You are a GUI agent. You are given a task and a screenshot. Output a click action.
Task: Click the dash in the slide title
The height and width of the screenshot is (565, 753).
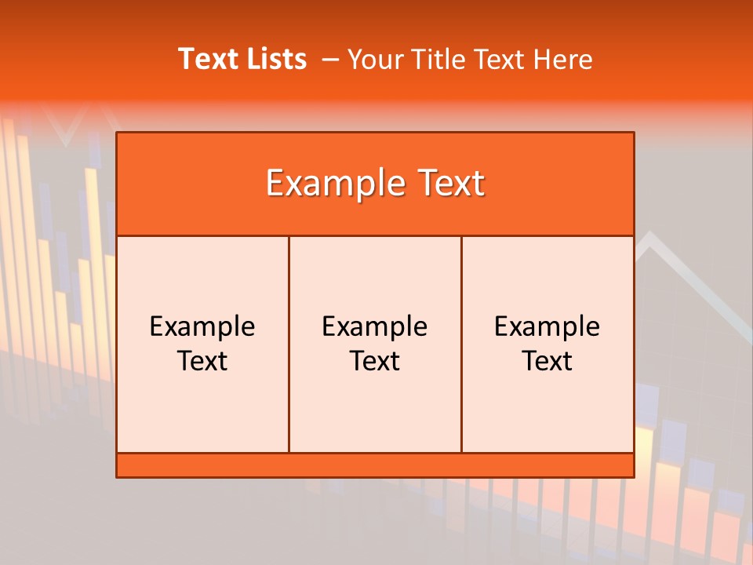click(330, 60)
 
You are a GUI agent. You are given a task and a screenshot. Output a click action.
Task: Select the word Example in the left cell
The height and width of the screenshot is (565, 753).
click(202, 326)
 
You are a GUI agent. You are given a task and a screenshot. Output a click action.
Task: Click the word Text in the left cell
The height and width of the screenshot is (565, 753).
click(202, 361)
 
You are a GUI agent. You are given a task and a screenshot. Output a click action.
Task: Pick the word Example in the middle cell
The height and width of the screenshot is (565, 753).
click(375, 326)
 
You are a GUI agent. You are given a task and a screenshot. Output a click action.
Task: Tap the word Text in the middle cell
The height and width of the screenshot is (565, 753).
click(375, 361)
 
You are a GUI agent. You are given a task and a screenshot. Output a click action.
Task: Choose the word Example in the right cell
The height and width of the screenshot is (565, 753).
click(547, 326)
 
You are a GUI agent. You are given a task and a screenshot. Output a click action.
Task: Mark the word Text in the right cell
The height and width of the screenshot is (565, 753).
click(547, 361)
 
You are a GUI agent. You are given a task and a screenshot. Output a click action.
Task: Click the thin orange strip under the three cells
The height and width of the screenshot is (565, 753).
click(375, 465)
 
